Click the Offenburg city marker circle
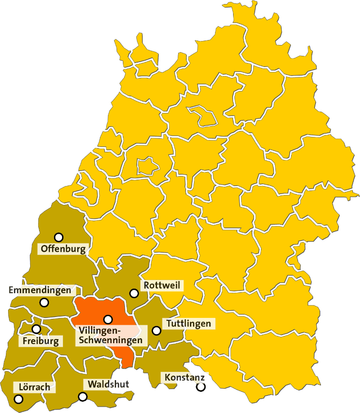[x=58, y=237]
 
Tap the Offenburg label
[x=63, y=248]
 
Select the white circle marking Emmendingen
[x=44, y=302]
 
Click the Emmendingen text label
[x=40, y=290]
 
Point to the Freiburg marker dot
[x=36, y=329]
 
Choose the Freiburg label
[x=40, y=341]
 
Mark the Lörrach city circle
[x=18, y=399]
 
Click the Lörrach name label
[x=34, y=387]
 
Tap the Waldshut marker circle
[x=83, y=396]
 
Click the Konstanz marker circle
[x=201, y=386]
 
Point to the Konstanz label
[x=184, y=377]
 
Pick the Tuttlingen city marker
[x=157, y=331]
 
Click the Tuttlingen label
[x=189, y=323]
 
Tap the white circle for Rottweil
[x=134, y=293]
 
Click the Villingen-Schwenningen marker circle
[x=108, y=319]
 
